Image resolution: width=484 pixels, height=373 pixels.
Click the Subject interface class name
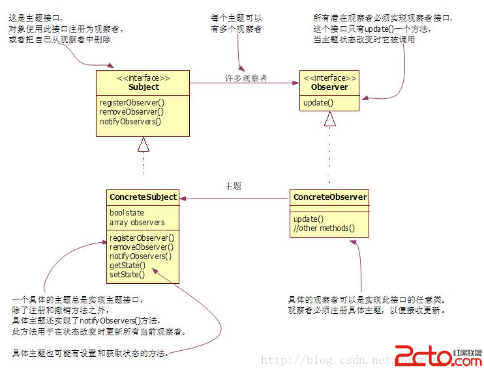(144, 87)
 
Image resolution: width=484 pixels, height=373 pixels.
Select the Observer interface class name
(329, 87)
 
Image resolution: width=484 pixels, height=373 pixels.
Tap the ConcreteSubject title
(143, 197)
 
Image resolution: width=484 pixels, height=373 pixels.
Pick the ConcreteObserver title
(329, 197)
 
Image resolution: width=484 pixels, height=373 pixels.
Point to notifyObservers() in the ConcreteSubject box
(141, 256)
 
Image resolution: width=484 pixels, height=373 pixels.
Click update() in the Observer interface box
(318, 102)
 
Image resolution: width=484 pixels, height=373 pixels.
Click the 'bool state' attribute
(127, 213)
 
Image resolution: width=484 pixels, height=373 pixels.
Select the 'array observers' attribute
(137, 222)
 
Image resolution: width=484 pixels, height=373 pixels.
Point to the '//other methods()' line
(324, 228)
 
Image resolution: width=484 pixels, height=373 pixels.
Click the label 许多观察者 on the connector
(245, 79)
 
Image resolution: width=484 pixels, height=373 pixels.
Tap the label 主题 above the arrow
(233, 186)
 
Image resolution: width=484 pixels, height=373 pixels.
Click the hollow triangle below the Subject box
(144, 145)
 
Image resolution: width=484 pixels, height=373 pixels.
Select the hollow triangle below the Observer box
(330, 118)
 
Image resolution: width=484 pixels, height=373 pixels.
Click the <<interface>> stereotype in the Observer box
(329, 77)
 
